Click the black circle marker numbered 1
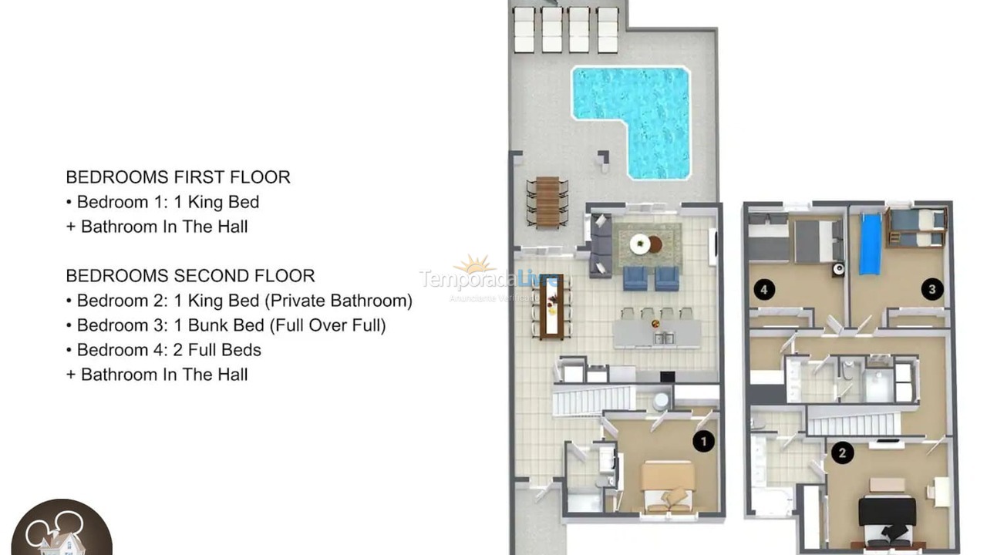703,441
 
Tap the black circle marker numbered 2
841,452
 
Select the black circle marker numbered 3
931,290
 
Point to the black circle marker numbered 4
764,290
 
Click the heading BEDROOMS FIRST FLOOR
178,177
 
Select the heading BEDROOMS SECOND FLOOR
190,276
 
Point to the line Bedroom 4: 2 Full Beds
169,350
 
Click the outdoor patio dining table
547,201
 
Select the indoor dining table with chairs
551,306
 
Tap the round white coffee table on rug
640,244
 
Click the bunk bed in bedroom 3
916,227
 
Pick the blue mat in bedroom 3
870,244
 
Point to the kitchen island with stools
657,332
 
